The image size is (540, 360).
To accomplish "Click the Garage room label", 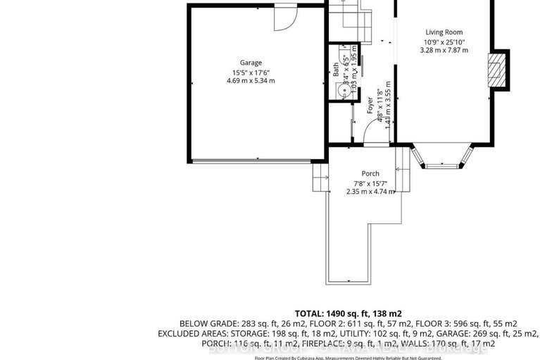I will tap(250, 63).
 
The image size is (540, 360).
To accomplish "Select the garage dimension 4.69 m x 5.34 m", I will tap(250, 81).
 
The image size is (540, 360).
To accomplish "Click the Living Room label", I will tap(444, 32).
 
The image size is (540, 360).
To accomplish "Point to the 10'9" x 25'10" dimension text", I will tap(444, 42).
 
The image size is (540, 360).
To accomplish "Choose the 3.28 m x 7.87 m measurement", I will tap(444, 51).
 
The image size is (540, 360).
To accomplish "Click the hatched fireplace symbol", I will tap(498, 69).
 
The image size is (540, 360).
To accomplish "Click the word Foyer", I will tap(370, 105).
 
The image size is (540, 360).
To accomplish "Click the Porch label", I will tap(370, 173).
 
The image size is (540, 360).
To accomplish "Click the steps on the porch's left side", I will tap(320, 177).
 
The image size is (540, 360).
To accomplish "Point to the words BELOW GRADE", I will tap(204, 323).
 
